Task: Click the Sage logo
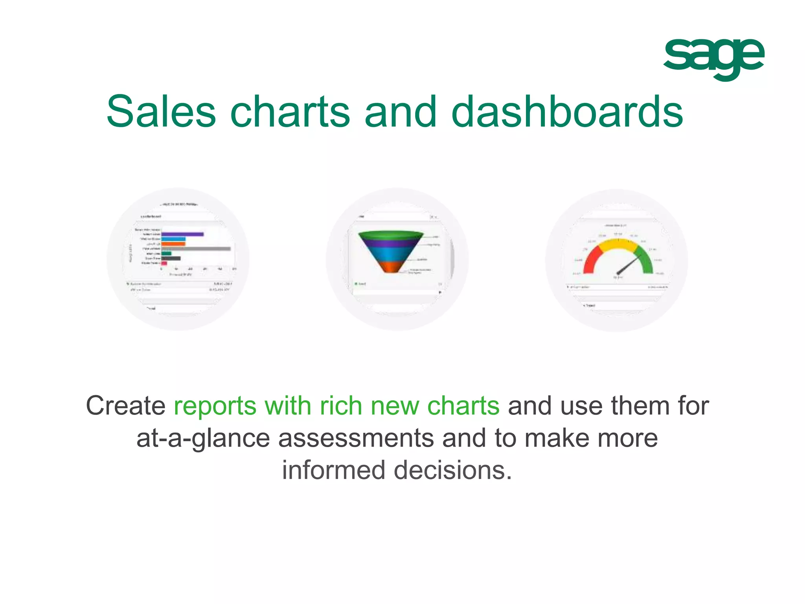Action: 713,59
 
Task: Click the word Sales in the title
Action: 161,112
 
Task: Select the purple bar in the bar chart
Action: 182,234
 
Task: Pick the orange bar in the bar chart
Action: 173,244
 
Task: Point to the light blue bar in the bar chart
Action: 173,239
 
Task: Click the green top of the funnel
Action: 391,235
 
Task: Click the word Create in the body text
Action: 126,406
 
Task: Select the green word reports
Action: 215,406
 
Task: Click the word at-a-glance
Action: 203,438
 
